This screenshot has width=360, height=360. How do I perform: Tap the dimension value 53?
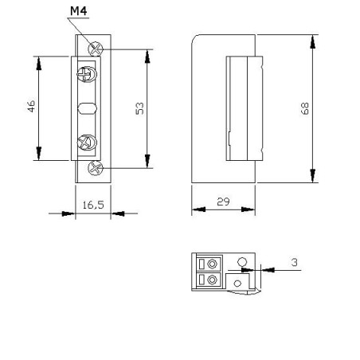pyautogui.click(x=140, y=108)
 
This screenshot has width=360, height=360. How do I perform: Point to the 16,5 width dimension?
pyautogui.click(x=92, y=205)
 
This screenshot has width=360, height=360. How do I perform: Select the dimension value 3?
pyautogui.click(x=294, y=261)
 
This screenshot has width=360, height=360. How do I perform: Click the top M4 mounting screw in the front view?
pyautogui.click(x=96, y=48)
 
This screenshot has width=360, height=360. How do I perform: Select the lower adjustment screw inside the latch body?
pyautogui.click(x=88, y=143)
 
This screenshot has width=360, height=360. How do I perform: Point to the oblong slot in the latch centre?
pyautogui.click(x=88, y=108)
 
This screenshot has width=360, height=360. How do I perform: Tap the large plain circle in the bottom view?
pyautogui.click(x=243, y=262)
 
